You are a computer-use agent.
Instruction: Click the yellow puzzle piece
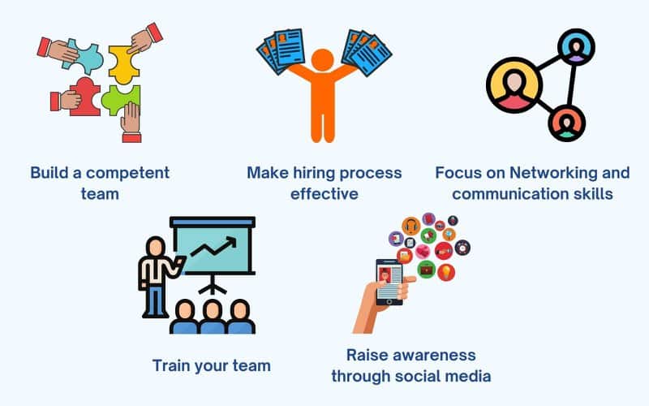122,64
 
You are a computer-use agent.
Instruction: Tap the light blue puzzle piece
85,56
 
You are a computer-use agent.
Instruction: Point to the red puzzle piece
86,97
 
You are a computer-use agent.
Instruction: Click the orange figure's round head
322,60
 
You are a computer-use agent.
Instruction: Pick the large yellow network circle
514,85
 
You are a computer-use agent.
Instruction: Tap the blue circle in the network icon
576,47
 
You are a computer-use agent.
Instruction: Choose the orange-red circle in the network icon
566,123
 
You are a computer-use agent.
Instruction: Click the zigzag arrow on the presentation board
213,247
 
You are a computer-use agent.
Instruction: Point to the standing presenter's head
156,247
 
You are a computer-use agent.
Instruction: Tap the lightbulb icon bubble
446,272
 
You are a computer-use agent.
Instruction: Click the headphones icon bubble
411,227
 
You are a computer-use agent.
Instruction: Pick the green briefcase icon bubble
426,270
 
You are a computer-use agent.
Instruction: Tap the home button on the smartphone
389,301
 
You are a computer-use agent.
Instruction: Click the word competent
128,173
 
